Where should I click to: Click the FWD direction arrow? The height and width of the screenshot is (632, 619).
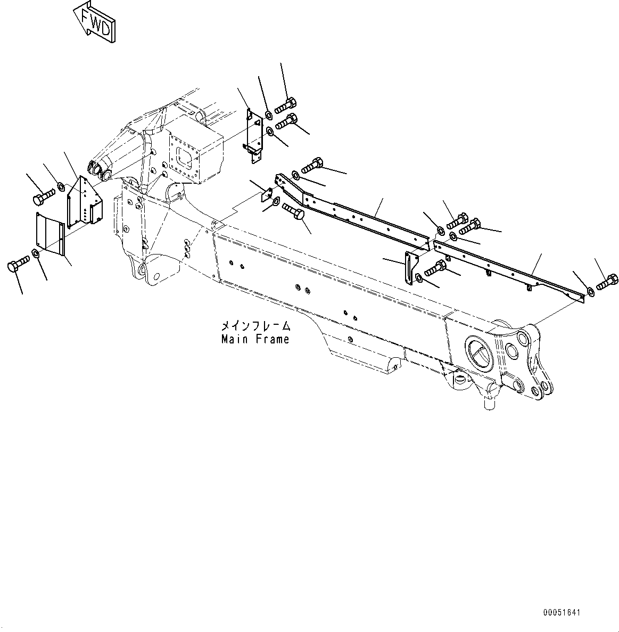[95, 21]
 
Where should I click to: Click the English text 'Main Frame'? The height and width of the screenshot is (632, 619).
[255, 339]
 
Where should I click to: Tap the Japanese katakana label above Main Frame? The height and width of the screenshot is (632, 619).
[256, 326]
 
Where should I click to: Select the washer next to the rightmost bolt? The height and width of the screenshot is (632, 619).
[590, 290]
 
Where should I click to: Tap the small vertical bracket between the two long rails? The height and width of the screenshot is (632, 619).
[410, 269]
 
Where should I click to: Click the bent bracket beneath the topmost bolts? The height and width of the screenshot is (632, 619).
[254, 137]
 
